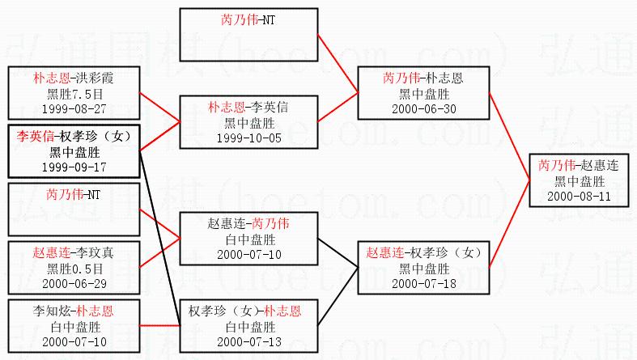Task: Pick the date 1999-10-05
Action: tap(248, 137)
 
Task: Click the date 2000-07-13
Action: tap(248, 341)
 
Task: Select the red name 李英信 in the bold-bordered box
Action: tap(36, 136)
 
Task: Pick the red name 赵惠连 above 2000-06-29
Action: tap(50, 253)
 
